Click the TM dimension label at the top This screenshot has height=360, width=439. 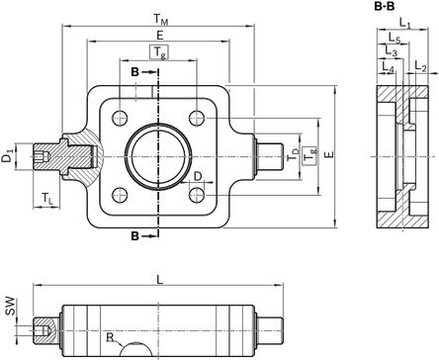pos(161,20)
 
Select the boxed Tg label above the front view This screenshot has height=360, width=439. pos(159,52)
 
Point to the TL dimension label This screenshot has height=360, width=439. pos(47,199)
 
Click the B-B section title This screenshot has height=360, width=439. pos(385,7)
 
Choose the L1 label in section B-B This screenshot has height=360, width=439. pos(405,23)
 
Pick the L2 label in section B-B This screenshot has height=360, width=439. pos(420,66)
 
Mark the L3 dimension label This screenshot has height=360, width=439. pos(392,51)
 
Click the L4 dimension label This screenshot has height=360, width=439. pos(388,66)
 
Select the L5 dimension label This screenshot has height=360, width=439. pos(395,38)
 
